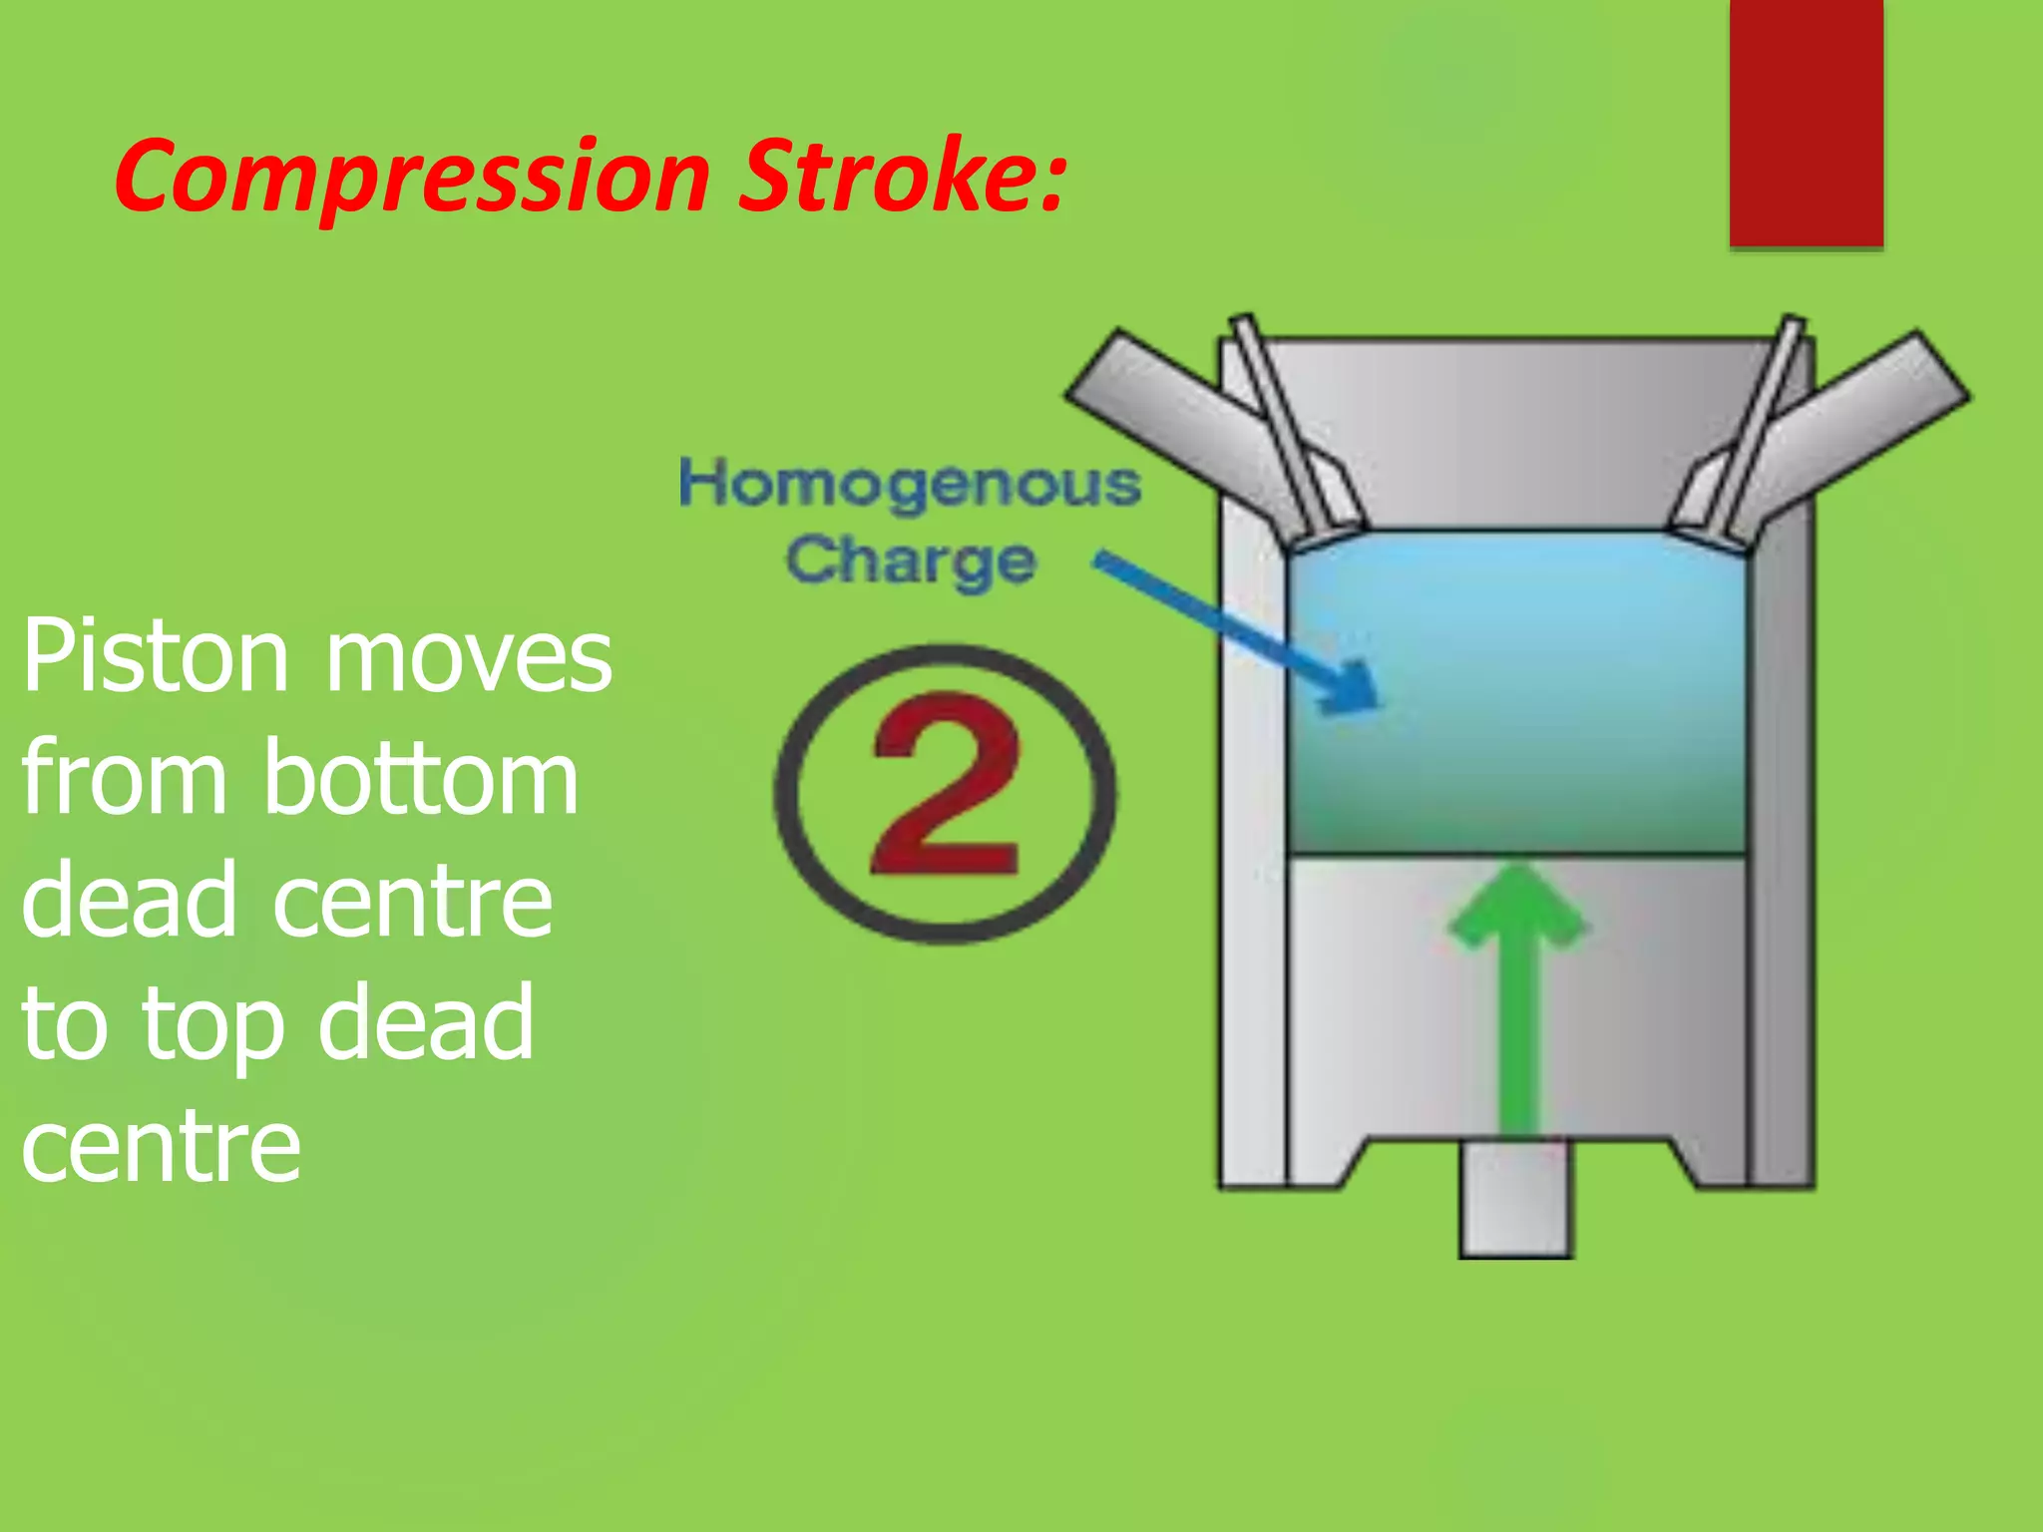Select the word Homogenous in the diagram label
[909, 486]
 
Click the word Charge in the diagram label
[910, 561]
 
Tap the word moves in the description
[469, 659]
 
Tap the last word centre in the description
[161, 1148]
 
